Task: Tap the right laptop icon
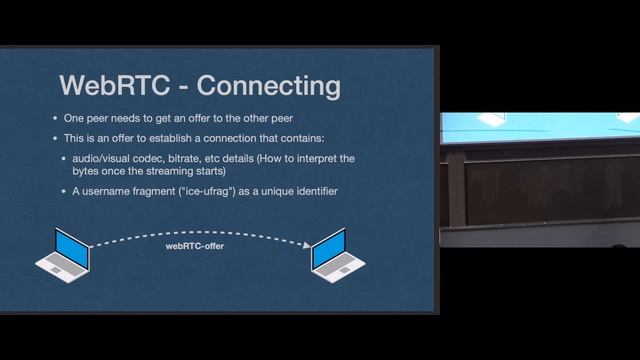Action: pos(337,256)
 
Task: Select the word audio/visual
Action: pos(116,159)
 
